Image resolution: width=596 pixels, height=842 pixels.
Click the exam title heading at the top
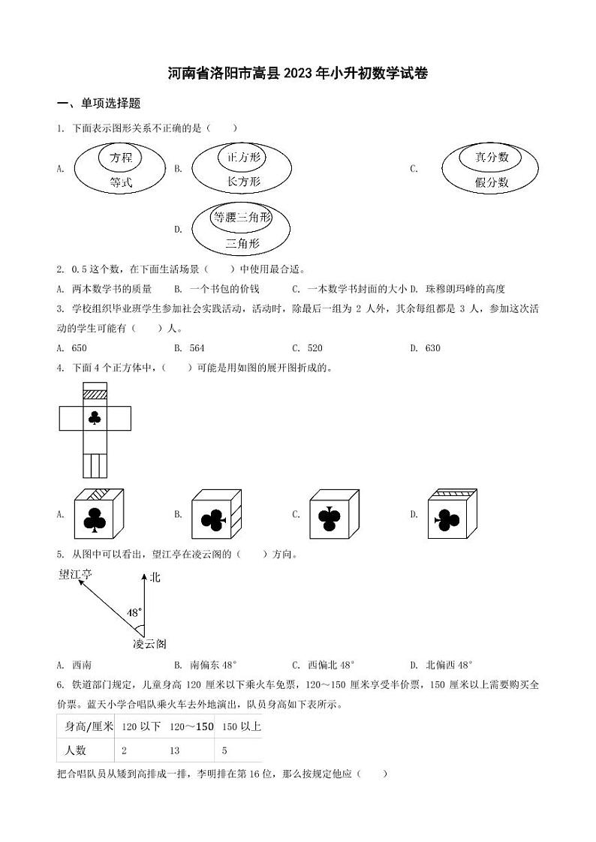point(298,74)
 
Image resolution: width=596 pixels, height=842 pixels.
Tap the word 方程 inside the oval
point(120,158)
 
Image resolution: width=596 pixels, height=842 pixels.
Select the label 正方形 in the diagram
point(242,158)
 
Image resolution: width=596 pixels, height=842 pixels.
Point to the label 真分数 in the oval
point(492,157)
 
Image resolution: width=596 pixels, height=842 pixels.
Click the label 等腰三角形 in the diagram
point(241,218)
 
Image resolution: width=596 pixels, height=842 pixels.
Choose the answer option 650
point(79,348)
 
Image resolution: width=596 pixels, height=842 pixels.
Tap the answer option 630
point(432,348)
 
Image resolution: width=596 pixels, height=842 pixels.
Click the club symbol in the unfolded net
point(95,419)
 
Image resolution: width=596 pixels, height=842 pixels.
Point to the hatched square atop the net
point(95,393)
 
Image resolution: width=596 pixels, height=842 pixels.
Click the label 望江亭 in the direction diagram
point(76,575)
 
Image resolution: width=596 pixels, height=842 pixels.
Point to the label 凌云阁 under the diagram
point(149,644)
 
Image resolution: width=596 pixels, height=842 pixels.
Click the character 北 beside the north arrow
point(155,577)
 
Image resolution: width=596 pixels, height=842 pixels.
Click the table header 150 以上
point(241,726)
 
